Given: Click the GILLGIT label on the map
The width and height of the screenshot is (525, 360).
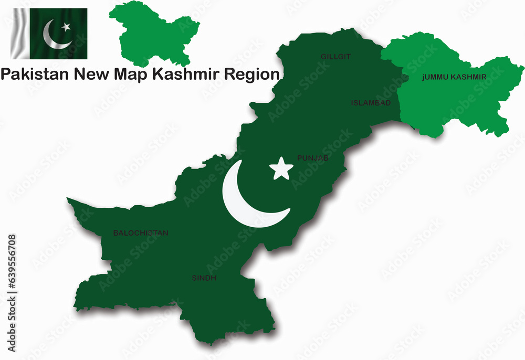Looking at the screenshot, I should [335, 56].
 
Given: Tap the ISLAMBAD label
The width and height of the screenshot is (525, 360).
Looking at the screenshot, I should [371, 103].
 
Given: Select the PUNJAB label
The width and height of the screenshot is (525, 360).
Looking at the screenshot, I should [313, 157].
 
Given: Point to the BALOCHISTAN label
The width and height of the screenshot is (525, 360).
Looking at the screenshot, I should [141, 233].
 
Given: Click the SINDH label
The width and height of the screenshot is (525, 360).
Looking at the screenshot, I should [203, 278].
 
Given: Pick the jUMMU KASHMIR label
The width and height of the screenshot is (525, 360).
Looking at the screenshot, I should [454, 77].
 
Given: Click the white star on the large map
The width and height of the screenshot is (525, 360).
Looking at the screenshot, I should [281, 169].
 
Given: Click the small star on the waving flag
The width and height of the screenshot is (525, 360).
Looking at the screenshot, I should [66, 26].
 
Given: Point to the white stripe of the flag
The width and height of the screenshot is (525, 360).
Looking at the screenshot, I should [20, 33].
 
